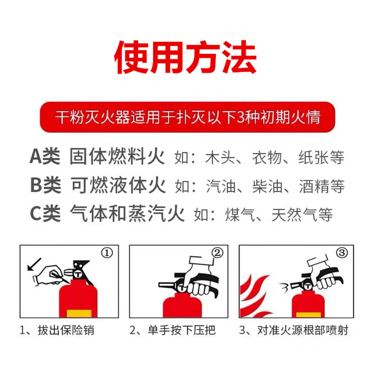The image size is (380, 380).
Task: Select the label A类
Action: point(45,156)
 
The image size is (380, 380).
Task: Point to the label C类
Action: point(45,214)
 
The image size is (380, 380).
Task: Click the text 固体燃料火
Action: point(117,156)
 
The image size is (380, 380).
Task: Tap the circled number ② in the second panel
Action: point(217,253)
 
